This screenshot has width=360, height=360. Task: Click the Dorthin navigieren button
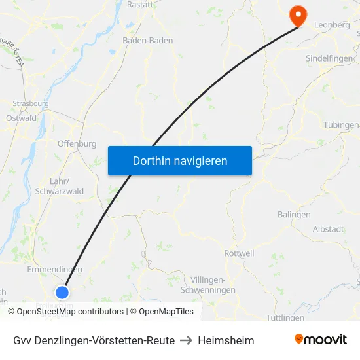[179, 160]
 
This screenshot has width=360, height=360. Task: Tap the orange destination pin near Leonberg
[298, 15]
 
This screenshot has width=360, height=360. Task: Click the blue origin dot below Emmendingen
[62, 292]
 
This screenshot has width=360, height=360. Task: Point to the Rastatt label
[140, 4]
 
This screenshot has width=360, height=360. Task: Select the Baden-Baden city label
[148, 41]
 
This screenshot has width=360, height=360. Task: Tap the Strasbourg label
[31, 103]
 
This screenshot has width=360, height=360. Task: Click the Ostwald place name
[21, 118]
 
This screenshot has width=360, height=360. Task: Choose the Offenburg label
[77, 144]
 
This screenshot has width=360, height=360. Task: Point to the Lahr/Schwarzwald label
[59, 187]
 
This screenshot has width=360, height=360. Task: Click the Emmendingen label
[54, 270]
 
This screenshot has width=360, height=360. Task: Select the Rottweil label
[239, 253]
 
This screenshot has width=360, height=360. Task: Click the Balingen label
[294, 215]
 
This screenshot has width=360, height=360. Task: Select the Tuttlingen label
[286, 318]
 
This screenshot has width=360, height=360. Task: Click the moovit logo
[321, 340]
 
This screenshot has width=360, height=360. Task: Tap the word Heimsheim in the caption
[226, 340]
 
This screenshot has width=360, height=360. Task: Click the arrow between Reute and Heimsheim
[187, 340]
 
